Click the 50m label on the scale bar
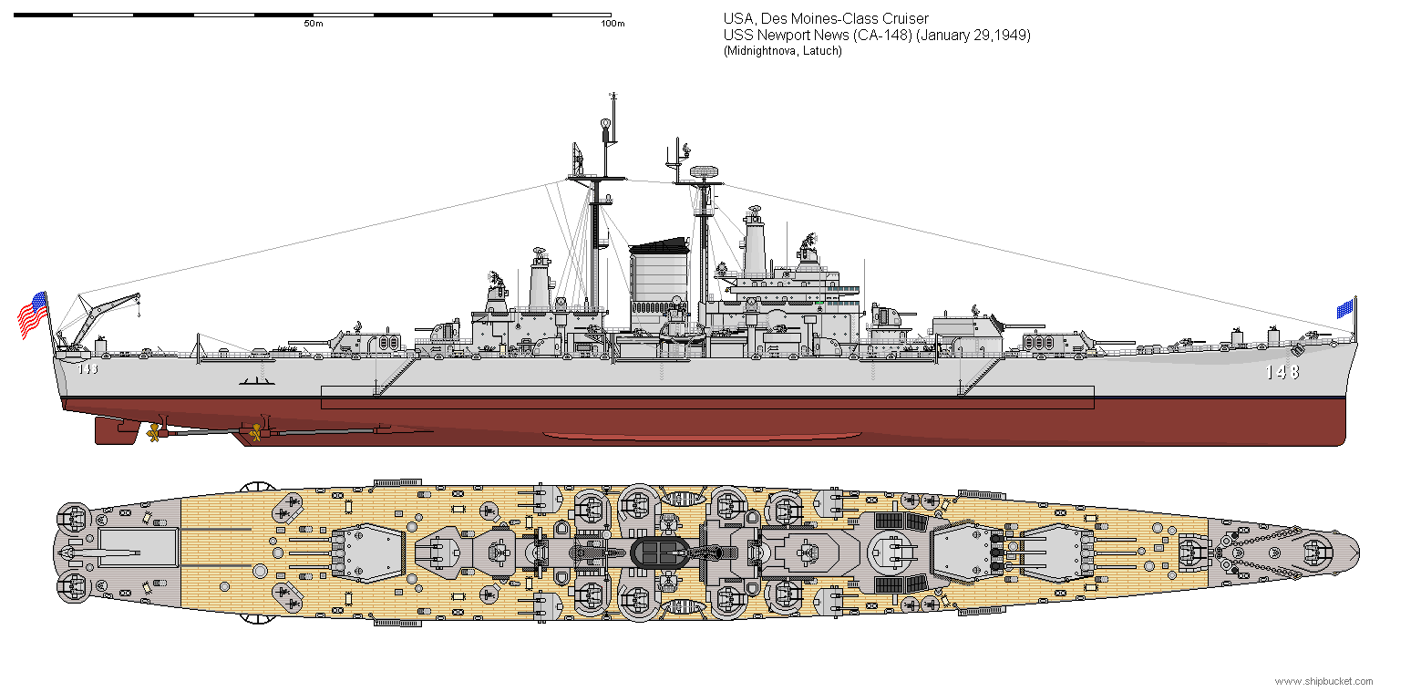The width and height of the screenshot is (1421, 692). [314, 24]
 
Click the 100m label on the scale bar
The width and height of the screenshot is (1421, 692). [613, 24]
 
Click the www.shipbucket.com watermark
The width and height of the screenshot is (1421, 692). [1323, 681]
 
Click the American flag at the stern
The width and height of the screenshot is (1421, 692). [33, 315]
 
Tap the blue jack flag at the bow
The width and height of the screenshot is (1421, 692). [1344, 308]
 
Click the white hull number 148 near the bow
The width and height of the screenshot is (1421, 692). [1282, 372]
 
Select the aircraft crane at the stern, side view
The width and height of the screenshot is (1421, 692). [98, 320]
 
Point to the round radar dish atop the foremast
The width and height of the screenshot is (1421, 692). [704, 171]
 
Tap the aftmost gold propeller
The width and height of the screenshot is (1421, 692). [153, 434]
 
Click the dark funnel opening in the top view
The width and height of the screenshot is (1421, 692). [661, 552]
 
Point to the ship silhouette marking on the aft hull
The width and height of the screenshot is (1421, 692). [256, 382]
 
